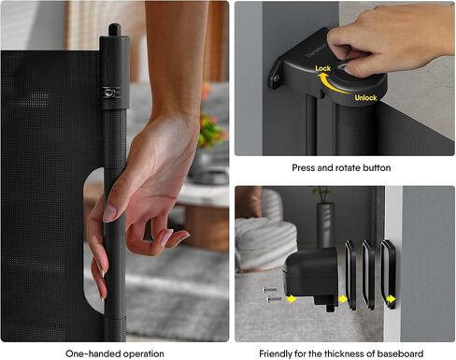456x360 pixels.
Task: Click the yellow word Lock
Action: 322,68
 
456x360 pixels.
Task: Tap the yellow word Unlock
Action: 365,97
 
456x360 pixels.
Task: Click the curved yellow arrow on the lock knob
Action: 331,83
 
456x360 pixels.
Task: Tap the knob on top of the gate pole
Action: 115,30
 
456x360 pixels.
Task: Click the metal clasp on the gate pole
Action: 110,93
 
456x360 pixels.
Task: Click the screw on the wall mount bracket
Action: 277,79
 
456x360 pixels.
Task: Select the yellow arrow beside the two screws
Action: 292,299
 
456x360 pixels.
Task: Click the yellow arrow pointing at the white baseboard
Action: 391,299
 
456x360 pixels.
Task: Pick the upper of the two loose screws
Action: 270,290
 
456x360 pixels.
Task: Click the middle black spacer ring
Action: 368,275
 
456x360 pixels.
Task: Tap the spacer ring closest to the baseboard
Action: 388,274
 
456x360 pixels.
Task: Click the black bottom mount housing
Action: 311,276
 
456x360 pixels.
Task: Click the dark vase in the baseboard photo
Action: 325,226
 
